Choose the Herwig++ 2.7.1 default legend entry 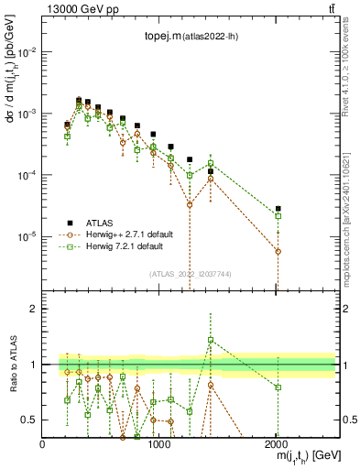pyautogui.click(x=137, y=234)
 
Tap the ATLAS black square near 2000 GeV pyautogui.click(x=278, y=209)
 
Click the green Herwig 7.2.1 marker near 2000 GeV pyautogui.click(x=278, y=216)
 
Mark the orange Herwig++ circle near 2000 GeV pyautogui.click(x=278, y=251)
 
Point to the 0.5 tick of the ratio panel pyautogui.click(x=31, y=420)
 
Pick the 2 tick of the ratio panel pyautogui.click(x=35, y=309)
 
